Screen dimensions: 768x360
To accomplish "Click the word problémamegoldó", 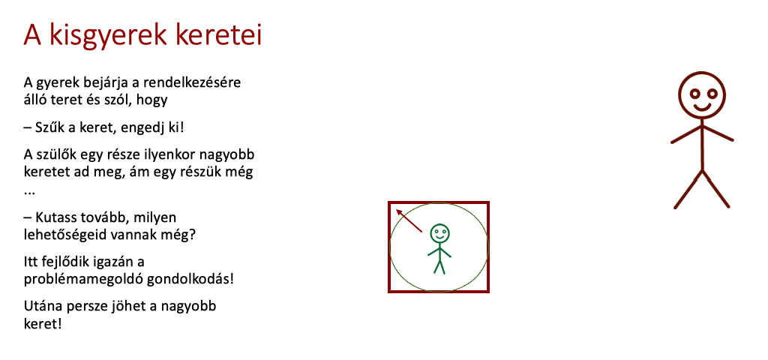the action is (79, 280).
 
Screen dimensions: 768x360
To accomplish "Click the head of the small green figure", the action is (439, 233).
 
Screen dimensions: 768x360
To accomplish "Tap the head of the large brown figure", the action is (702, 95).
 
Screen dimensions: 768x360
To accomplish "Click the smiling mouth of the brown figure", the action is (702, 106).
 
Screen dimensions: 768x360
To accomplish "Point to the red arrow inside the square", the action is (409, 220).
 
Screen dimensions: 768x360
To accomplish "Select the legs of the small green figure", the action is (439, 266).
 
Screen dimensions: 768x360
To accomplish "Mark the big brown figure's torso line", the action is (702, 145).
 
